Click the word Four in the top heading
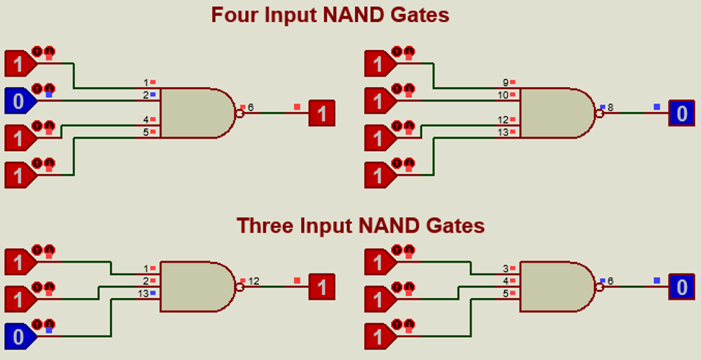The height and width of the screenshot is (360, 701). (x=235, y=15)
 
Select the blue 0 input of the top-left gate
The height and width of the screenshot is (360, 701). (x=18, y=100)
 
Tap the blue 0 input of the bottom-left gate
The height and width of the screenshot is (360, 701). (x=18, y=336)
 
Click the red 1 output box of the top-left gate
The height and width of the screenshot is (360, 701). (x=321, y=114)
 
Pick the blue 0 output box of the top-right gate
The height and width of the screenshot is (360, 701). (x=681, y=114)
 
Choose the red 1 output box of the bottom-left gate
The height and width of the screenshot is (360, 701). (x=321, y=286)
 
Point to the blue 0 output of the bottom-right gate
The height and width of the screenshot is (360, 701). (x=681, y=286)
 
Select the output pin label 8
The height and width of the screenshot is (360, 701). (x=610, y=108)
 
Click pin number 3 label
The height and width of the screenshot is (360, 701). (x=505, y=269)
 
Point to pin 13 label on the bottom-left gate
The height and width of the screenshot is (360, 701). (x=142, y=294)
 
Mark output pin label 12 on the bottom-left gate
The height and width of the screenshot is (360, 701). (x=253, y=280)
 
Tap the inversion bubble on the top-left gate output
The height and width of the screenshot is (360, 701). (x=239, y=114)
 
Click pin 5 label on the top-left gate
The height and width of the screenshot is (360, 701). (x=146, y=133)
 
